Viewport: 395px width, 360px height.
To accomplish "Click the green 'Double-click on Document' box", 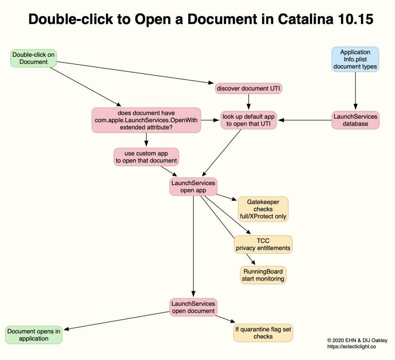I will (x=34, y=58).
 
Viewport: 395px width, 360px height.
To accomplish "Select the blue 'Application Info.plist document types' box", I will (x=355, y=59).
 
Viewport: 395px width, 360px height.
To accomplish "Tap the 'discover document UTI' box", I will (x=249, y=88).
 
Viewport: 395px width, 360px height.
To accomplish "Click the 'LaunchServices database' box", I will (x=355, y=120).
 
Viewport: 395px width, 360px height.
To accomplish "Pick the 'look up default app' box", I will (x=249, y=120).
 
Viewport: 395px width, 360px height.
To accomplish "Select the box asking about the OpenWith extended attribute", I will (x=146, y=120).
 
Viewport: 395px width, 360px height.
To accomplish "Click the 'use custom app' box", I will (x=146, y=157).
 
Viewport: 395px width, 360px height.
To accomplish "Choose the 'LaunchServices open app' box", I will (x=193, y=187).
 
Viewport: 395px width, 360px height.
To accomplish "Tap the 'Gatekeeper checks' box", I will (x=263, y=209).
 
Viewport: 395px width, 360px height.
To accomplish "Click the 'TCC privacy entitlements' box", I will (x=263, y=244).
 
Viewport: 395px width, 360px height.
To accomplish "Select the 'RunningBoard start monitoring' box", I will (x=263, y=275).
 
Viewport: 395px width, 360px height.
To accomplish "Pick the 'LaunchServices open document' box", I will (x=193, y=307).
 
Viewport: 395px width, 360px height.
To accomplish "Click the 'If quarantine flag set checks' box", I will (x=263, y=333).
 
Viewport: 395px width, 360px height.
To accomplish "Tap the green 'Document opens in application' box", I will (x=34, y=335).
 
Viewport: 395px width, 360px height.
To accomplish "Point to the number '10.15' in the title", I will (x=355, y=20).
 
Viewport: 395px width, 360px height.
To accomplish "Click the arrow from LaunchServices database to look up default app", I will (x=305, y=120).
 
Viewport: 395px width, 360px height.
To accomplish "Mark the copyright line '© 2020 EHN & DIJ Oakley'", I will (x=357, y=340).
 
